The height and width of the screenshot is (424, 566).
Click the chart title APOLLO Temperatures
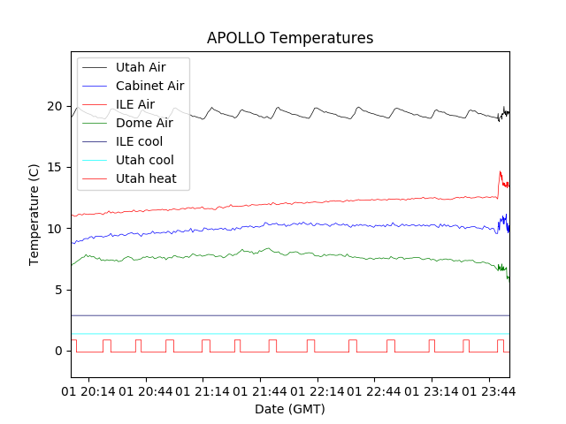(290, 38)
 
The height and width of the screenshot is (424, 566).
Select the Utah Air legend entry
(140, 67)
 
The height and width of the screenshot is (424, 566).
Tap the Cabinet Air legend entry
(149, 86)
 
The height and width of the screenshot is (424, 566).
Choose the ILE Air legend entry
(134, 104)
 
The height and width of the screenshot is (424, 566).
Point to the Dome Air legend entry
(144, 123)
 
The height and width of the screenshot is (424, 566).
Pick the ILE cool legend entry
(139, 141)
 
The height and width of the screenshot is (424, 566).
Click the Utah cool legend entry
(144, 160)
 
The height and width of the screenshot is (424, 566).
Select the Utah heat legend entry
(146, 178)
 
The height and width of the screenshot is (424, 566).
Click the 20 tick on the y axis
(55, 106)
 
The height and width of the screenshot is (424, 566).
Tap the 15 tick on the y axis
(55, 167)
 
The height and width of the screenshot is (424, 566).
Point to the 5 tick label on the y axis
(58, 290)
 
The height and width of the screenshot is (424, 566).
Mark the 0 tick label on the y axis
(58, 351)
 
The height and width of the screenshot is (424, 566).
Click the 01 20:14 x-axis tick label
(88, 390)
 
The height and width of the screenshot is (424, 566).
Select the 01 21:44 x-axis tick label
(260, 390)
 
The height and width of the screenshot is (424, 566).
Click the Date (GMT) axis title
(290, 409)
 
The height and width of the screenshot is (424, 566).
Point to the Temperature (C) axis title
(34, 214)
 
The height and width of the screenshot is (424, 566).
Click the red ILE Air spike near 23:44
(501, 174)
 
